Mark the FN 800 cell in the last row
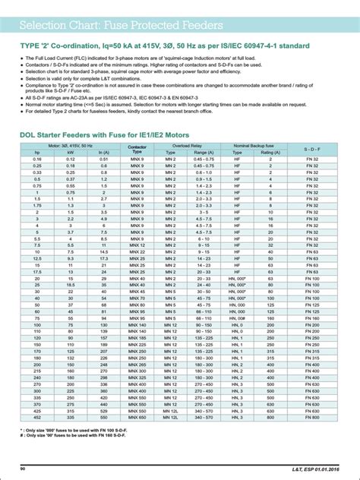311,416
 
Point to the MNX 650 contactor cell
137,416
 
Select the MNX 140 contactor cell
137,324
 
